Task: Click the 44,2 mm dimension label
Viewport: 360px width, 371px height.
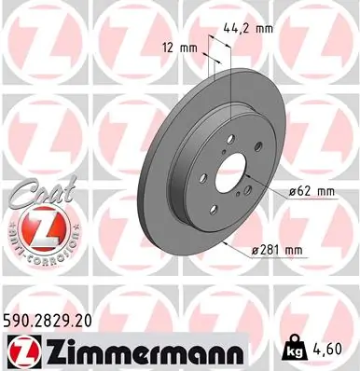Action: [x=248, y=29]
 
